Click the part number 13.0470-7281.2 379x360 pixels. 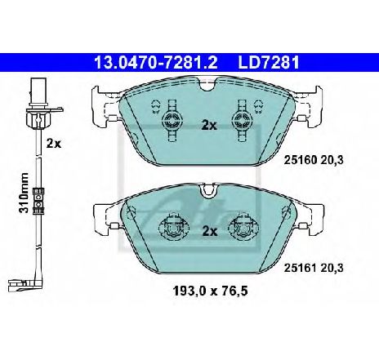pos(155,63)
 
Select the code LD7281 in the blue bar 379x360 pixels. pos(269,63)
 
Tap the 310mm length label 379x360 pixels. pos(24,193)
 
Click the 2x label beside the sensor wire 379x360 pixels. pos(54,143)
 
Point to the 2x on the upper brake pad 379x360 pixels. pos(209,125)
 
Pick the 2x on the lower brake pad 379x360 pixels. pos(210,231)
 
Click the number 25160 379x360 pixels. pos(301,160)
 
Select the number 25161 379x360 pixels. pos(301,269)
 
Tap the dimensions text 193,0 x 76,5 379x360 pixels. pos(210,291)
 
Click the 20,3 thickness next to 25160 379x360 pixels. pos(332,160)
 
